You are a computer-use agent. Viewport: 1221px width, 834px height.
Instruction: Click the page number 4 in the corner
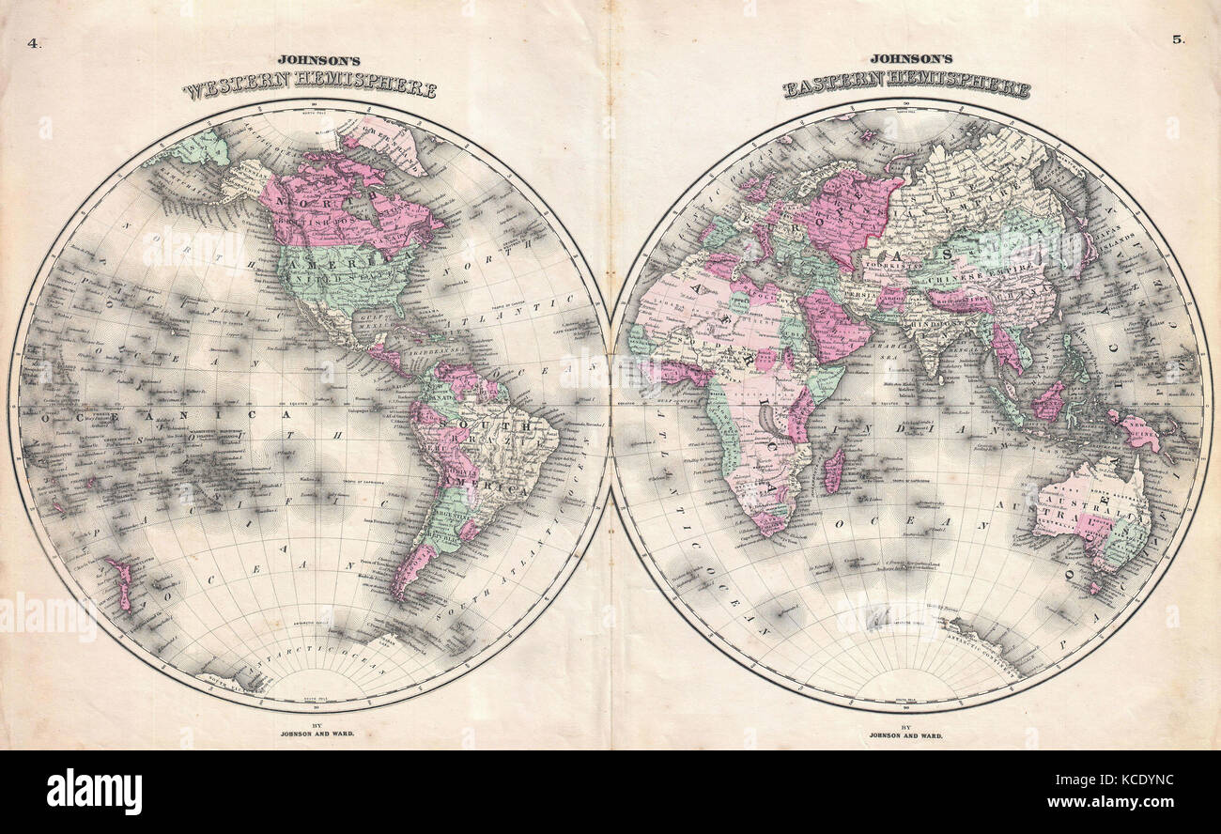pos(35,42)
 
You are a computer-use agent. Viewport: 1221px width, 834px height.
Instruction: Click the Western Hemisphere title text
pos(309,89)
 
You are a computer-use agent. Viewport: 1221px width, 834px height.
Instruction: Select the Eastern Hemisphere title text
pos(906,88)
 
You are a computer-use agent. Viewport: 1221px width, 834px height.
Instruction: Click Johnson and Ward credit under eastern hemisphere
pos(906,735)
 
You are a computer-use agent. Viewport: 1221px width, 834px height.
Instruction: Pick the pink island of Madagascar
pos(832,470)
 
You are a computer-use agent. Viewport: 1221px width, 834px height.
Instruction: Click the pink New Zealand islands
pos(120,581)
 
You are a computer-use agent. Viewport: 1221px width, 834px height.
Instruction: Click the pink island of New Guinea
pos(1138,432)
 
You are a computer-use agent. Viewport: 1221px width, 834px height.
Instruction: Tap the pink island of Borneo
pos(1048,402)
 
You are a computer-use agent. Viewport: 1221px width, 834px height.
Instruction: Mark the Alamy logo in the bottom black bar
pos(94,791)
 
